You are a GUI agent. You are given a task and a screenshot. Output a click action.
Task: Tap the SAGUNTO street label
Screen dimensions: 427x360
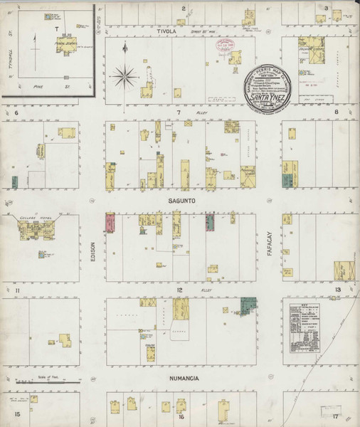coord(182,201)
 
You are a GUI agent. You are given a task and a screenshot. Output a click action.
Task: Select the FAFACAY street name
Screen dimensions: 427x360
coord(270,246)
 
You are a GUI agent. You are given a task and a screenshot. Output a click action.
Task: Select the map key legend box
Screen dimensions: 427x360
coord(307,320)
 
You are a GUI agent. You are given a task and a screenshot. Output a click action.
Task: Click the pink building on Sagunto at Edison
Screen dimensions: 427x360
coord(110,223)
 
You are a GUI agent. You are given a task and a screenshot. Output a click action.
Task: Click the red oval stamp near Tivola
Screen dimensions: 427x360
coord(227,46)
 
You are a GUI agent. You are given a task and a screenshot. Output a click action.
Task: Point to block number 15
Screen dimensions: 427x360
coord(13,413)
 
